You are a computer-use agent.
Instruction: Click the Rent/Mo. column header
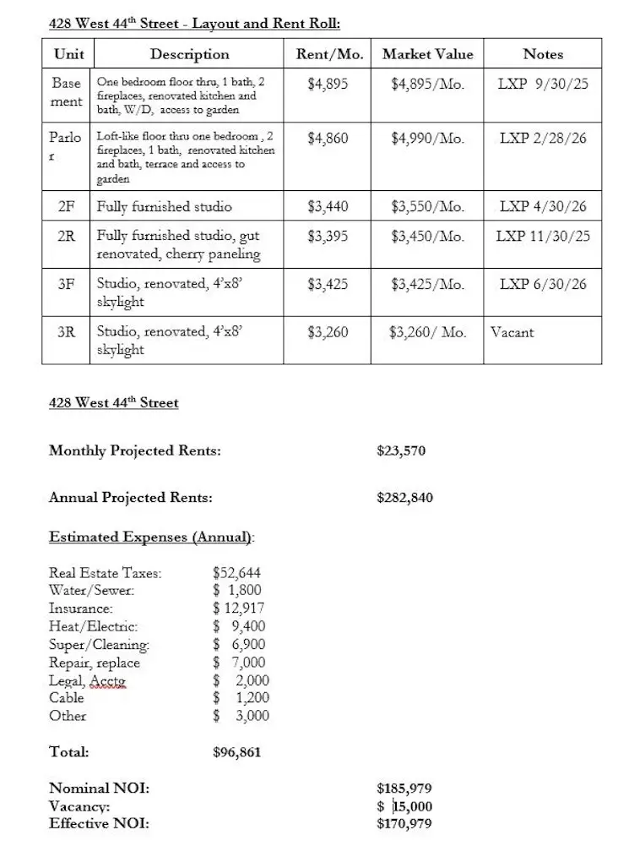(330, 54)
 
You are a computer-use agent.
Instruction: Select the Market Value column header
(427, 54)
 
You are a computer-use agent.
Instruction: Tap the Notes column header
(543, 54)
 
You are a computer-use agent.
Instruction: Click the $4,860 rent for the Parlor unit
(328, 138)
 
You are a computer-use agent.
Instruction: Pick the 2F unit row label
(66, 206)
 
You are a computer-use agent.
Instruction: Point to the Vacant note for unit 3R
(512, 332)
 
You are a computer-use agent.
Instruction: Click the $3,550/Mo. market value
(427, 206)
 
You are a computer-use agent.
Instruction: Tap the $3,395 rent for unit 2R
(328, 236)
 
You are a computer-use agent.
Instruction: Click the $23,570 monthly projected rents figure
(401, 450)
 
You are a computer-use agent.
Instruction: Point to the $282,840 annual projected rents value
(404, 497)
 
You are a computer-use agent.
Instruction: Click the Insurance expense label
(81, 609)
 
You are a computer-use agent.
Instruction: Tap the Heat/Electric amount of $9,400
(240, 626)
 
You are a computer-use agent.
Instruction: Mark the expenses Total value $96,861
(237, 751)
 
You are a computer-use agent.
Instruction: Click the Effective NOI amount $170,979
(404, 823)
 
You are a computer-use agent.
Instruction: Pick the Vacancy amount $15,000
(404, 806)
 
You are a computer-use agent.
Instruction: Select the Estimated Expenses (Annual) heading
(152, 537)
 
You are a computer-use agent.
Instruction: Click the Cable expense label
(67, 698)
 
